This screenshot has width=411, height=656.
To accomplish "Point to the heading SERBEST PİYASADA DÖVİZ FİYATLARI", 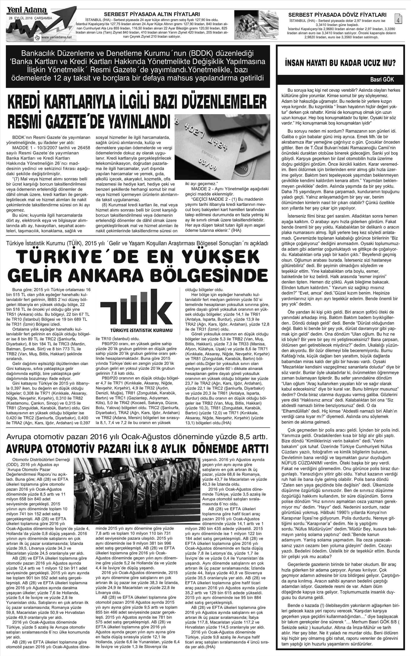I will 337,15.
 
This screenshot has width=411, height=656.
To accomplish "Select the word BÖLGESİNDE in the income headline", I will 218,274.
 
